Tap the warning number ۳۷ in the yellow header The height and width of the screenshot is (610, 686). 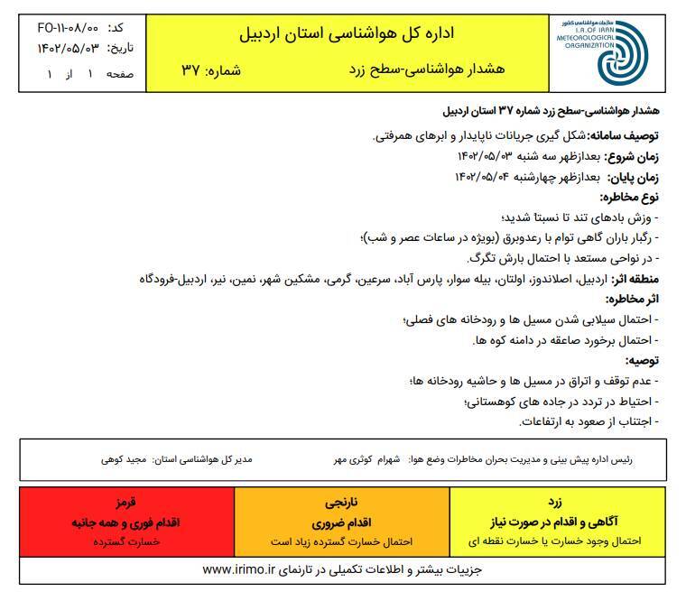(x=191, y=70)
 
